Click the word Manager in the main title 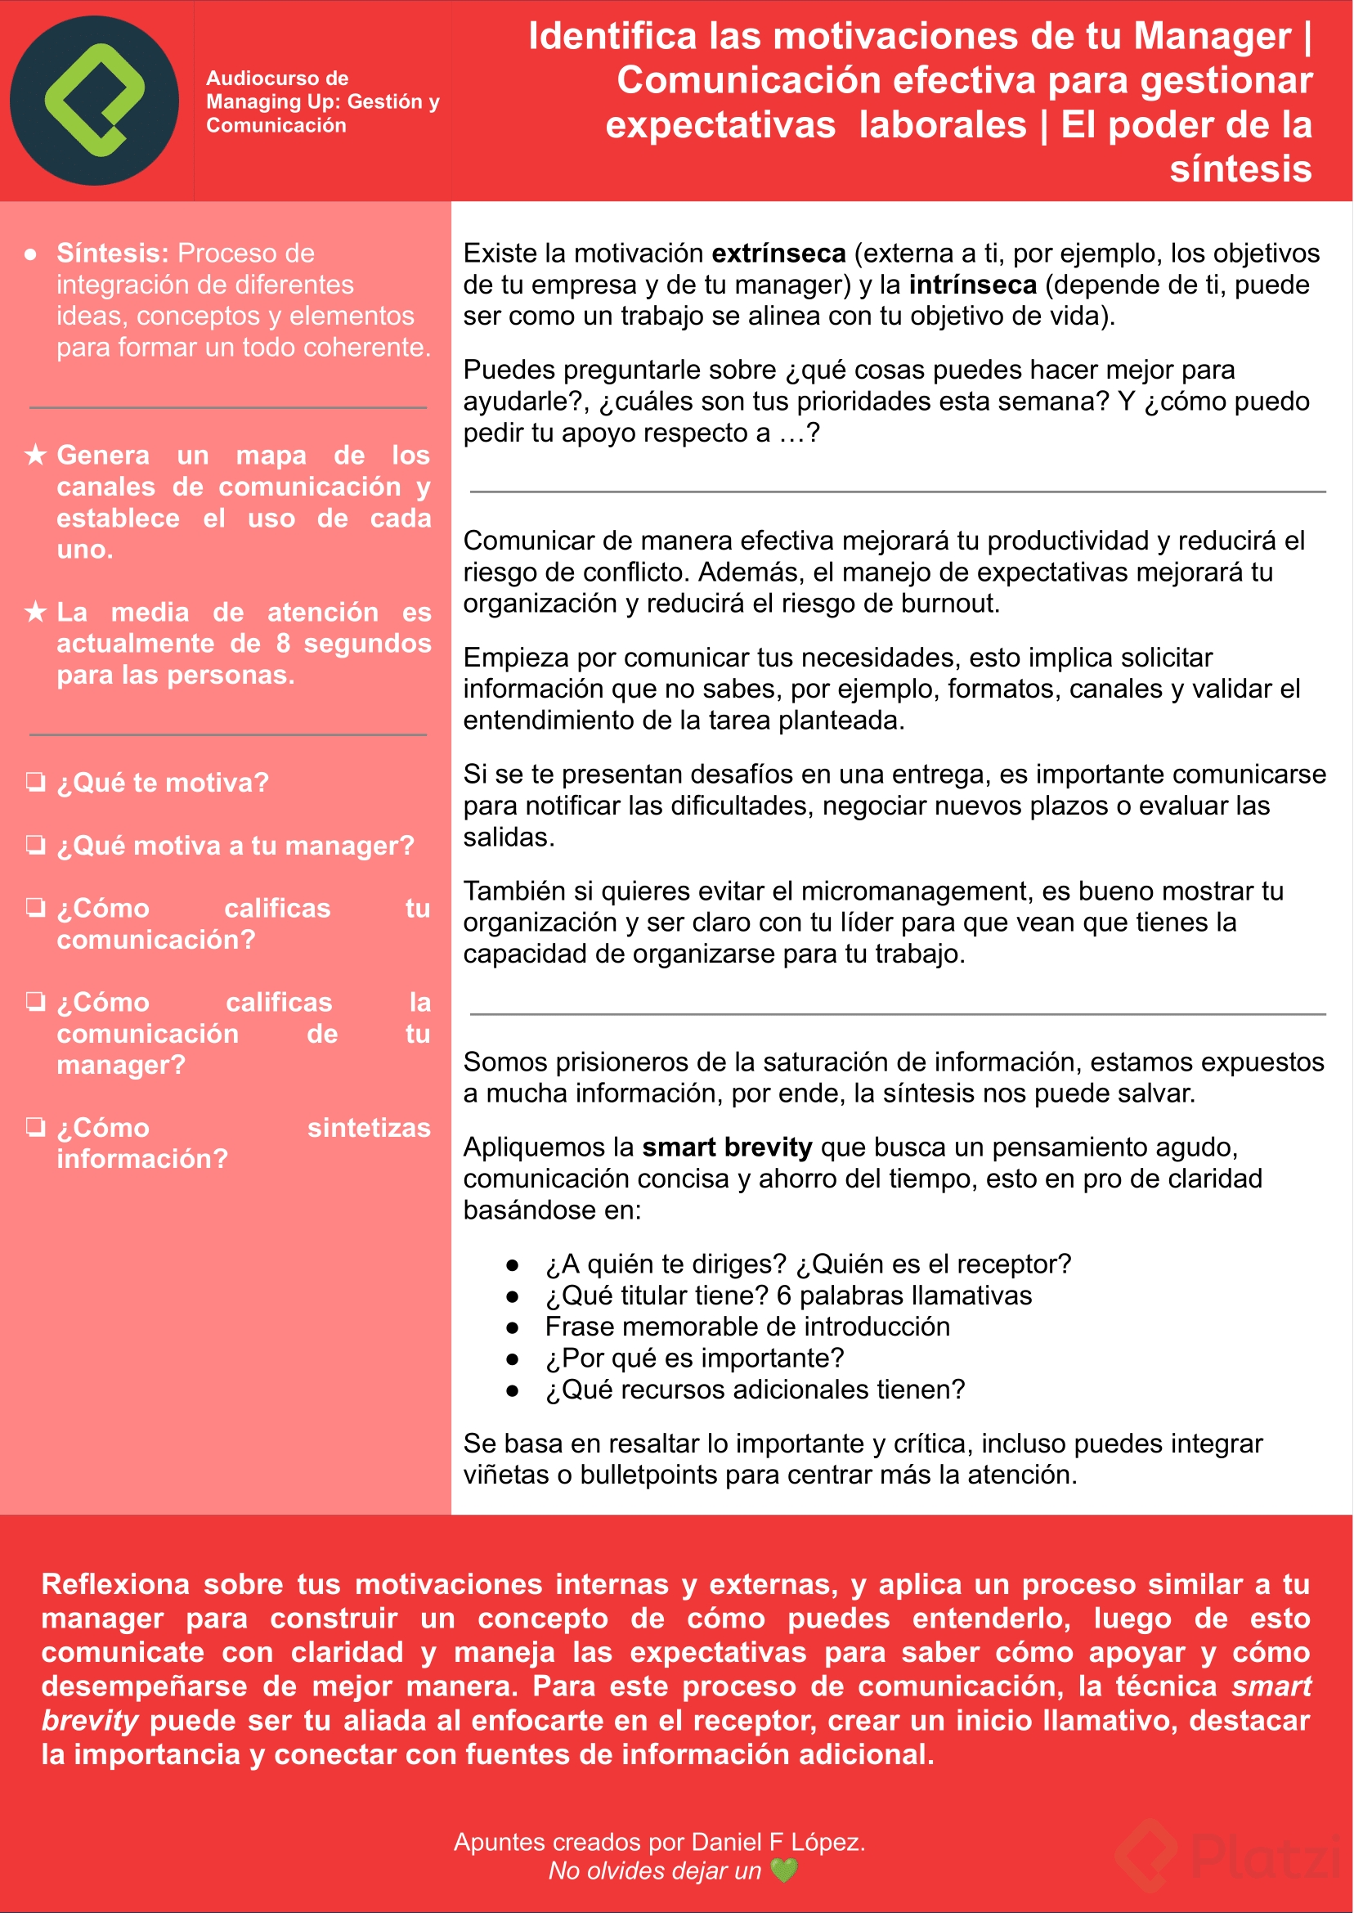(1213, 37)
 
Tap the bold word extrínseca (778, 254)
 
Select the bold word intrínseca (972, 285)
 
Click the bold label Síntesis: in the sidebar (113, 254)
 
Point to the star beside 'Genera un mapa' (35, 456)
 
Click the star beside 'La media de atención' (35, 612)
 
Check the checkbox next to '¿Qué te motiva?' (35, 782)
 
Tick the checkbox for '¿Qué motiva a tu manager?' (35, 845)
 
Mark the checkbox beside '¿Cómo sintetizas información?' (35, 1128)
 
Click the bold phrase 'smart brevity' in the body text (727, 1147)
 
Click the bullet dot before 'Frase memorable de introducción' (513, 1327)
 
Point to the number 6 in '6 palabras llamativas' (784, 1296)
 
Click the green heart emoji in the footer (784, 1870)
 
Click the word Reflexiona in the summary (116, 1584)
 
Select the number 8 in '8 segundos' (284, 644)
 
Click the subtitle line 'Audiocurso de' (277, 79)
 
